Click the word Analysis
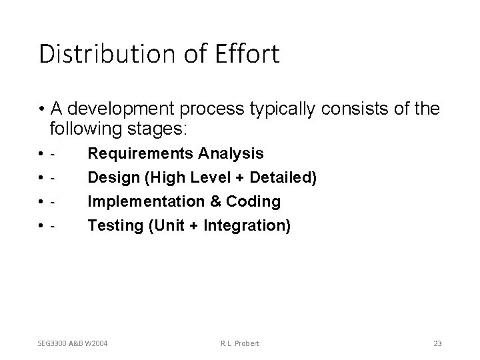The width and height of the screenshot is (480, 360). [x=231, y=154]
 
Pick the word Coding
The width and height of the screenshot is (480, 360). [x=254, y=202]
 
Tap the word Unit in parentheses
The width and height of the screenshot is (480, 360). [x=167, y=226]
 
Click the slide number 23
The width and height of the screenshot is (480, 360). [x=437, y=343]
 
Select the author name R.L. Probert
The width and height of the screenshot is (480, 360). [x=239, y=343]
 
